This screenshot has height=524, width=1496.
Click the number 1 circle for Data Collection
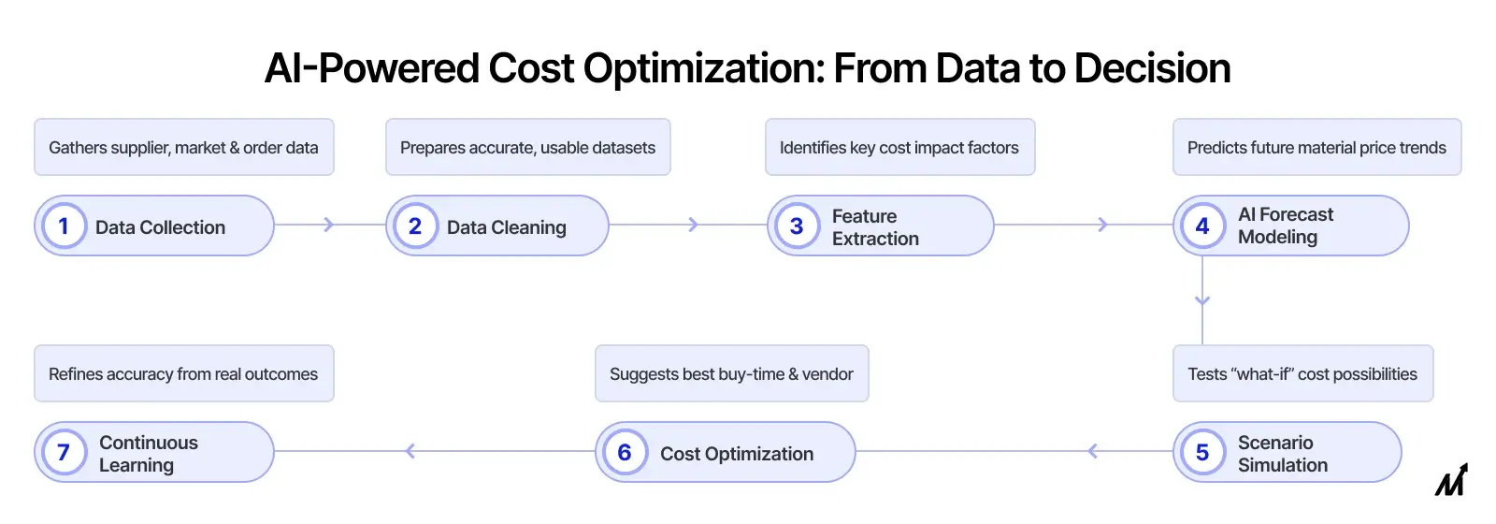64,226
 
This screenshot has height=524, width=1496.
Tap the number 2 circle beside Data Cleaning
415,226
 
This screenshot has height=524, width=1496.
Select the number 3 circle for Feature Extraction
797,226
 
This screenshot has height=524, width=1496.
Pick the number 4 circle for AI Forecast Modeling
1202,226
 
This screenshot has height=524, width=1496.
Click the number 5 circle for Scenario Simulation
1202,452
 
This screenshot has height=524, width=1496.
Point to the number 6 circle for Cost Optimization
625,452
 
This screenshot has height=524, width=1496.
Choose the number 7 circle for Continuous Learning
64,452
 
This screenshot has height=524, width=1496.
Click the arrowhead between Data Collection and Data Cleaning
328,225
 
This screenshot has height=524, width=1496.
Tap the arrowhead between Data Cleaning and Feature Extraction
693,225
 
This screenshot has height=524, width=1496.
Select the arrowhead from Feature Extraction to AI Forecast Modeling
1102,225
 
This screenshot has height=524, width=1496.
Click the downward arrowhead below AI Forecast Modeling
1202,300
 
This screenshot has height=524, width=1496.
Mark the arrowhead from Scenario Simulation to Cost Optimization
1092,452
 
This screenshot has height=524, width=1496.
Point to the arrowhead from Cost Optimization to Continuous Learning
410,452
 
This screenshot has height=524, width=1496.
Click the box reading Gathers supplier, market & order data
183,147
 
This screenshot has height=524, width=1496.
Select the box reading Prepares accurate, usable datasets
527,147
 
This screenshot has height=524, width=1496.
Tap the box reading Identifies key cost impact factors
899,147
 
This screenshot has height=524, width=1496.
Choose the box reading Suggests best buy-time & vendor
731,373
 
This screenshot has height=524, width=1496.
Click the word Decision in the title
1152,68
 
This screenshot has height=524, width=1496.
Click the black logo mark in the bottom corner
1451,480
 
